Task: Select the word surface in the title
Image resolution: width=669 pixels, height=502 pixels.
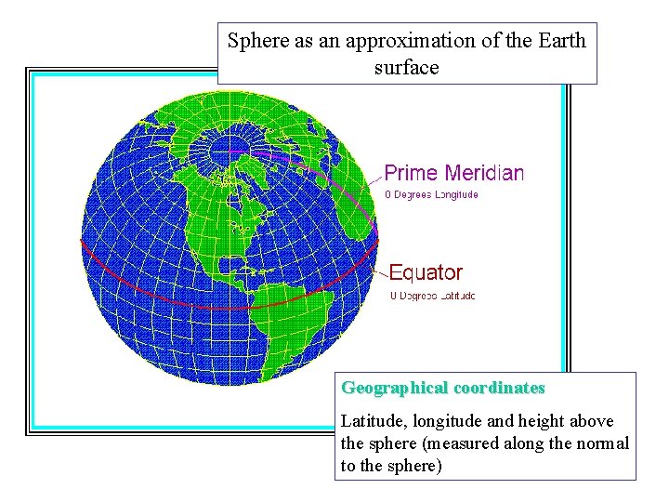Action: click(406, 68)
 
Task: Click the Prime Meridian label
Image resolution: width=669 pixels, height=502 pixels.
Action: click(453, 173)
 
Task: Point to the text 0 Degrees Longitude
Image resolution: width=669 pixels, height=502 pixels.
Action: click(431, 194)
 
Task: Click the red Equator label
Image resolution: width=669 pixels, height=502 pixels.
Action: click(426, 272)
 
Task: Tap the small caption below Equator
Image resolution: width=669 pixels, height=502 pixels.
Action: click(432, 296)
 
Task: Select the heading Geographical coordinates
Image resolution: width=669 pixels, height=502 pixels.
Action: click(443, 387)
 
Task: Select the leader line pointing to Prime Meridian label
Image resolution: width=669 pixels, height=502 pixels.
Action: click(372, 182)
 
